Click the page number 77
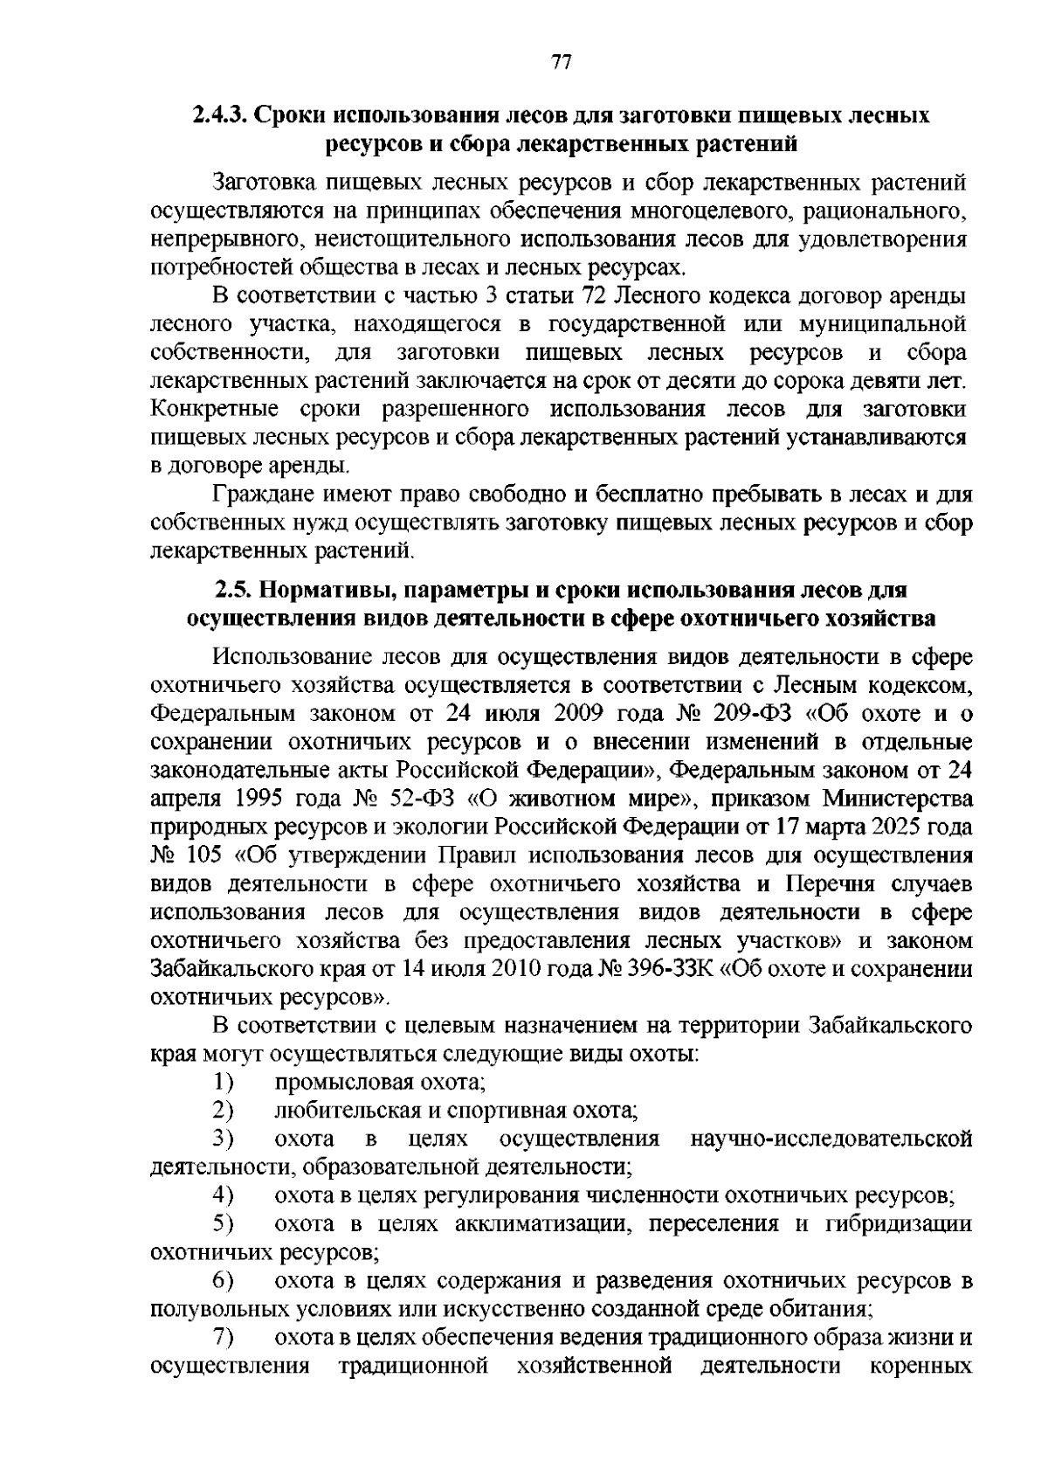[x=561, y=62]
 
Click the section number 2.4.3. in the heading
[x=220, y=115]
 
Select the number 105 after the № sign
[x=206, y=855]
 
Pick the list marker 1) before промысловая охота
[x=224, y=1083]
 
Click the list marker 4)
[x=224, y=1195]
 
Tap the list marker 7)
[x=224, y=1338]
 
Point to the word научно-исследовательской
[x=831, y=1139]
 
